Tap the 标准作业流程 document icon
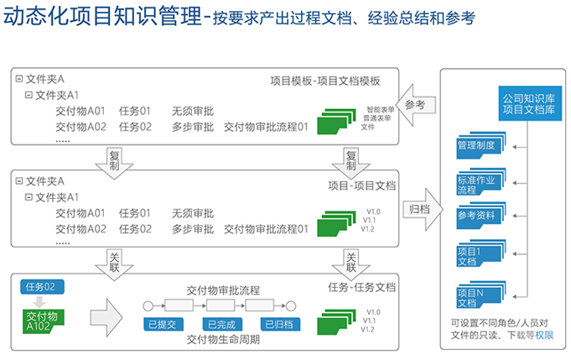click(x=480, y=185)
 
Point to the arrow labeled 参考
click(x=414, y=106)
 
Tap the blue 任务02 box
click(x=40, y=287)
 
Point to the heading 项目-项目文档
click(x=361, y=185)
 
